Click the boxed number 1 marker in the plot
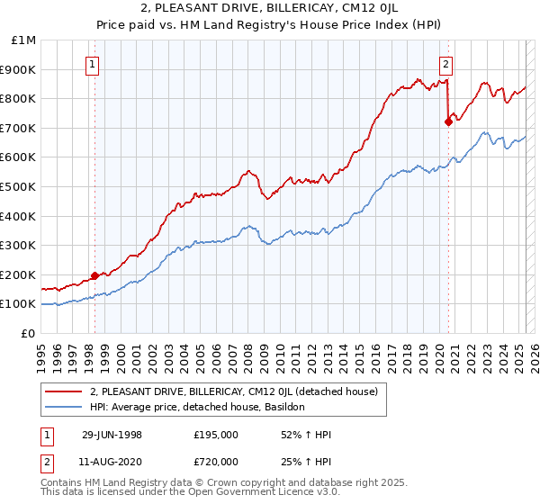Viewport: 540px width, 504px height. [94, 64]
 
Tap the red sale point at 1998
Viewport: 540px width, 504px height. [95, 275]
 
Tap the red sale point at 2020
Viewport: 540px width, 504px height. [448, 121]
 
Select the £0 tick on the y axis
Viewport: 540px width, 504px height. [27, 333]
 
